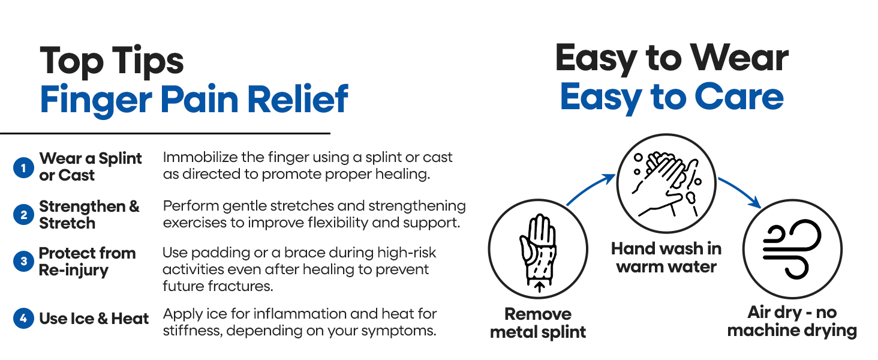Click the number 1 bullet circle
(23, 167)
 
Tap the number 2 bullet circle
(23, 215)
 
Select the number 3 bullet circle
(23, 262)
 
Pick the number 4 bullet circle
(23, 319)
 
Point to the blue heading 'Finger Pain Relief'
(194, 100)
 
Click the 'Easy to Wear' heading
(671, 59)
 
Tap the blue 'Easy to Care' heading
(671, 97)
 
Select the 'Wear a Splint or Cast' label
(90, 167)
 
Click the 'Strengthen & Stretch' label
(89, 214)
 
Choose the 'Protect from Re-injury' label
(87, 261)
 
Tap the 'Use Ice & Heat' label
(94, 319)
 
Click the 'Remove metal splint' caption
(538, 323)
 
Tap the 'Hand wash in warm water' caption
(666, 257)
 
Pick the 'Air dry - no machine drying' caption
(792, 321)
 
